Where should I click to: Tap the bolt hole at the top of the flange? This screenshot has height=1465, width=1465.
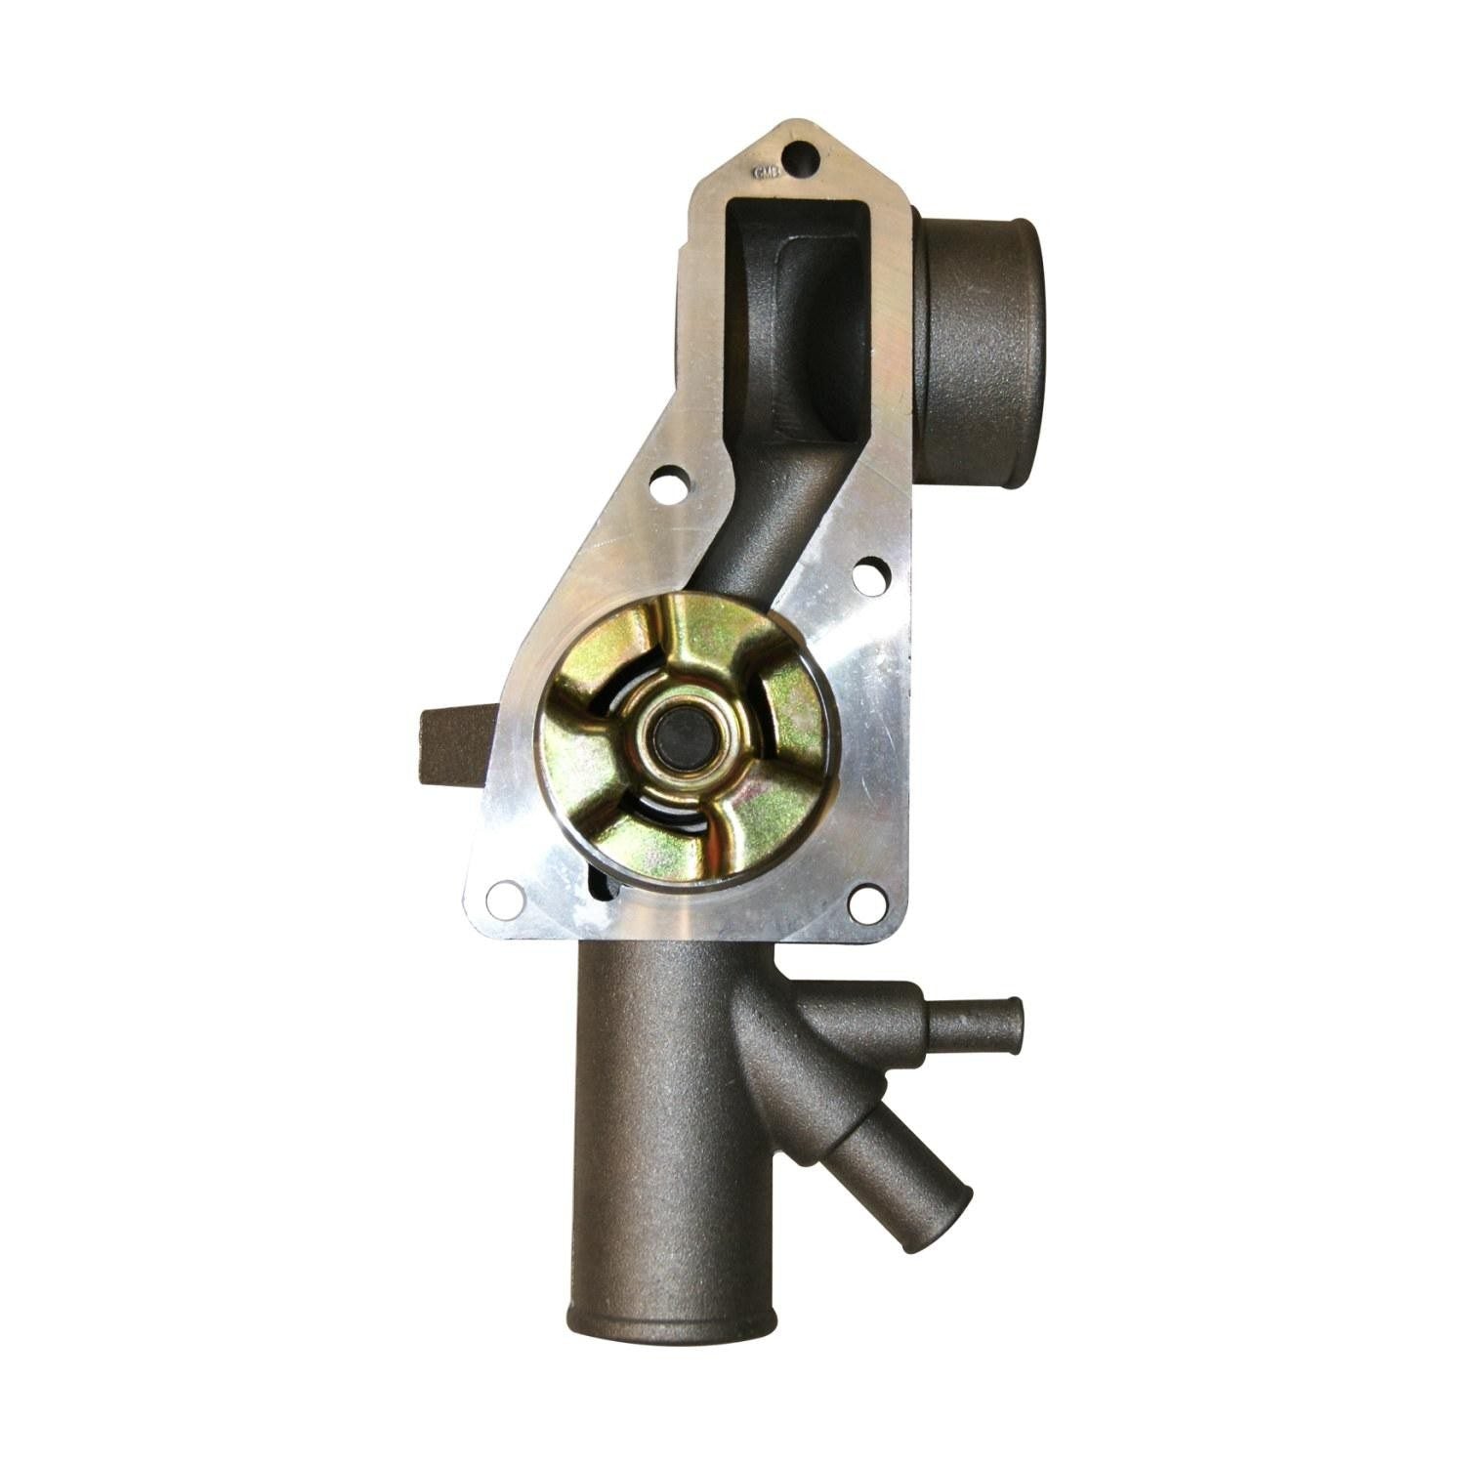(802, 154)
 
